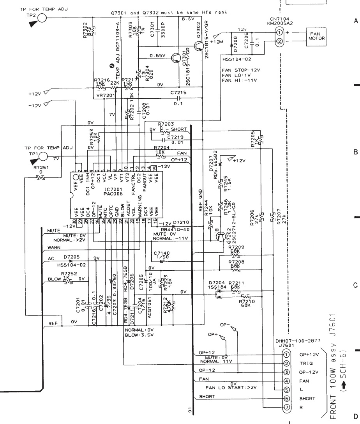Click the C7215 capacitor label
tap(178, 92)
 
